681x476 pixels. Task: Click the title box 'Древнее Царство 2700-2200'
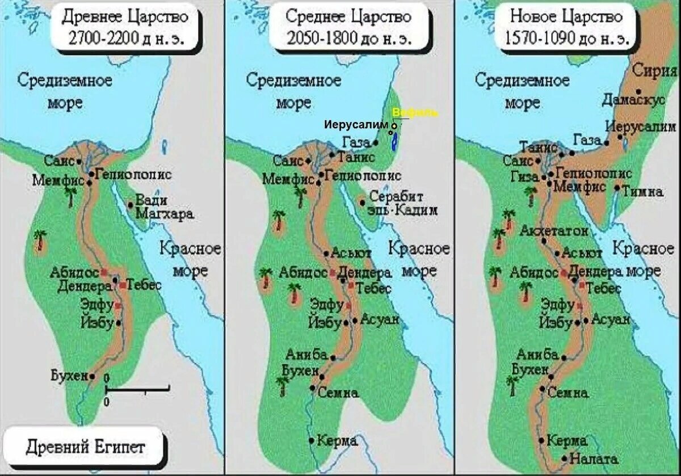pyautogui.click(x=125, y=27)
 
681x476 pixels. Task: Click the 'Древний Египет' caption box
pyautogui.click(x=85, y=446)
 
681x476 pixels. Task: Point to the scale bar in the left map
pyautogui.click(x=138, y=389)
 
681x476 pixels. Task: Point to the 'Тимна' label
pyautogui.click(x=642, y=191)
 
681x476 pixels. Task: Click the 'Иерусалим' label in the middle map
pyautogui.click(x=356, y=125)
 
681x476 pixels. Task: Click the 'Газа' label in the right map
pyautogui.click(x=587, y=140)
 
